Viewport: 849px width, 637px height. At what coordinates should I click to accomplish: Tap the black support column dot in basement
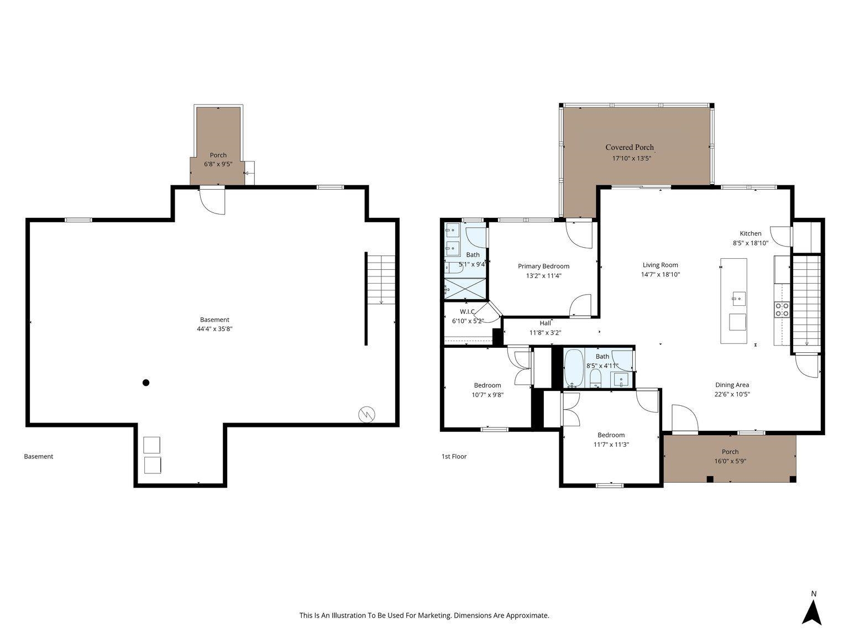tap(146, 383)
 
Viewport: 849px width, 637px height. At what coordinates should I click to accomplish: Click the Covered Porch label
tap(630, 147)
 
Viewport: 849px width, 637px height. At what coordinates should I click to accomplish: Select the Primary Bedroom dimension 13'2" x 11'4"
tap(543, 276)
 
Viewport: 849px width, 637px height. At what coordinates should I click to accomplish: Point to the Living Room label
tap(661, 265)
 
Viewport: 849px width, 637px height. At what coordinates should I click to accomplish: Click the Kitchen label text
tap(751, 233)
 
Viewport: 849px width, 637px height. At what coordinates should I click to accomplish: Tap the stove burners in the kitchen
tap(782, 310)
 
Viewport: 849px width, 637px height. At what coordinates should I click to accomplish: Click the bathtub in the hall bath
tap(573, 369)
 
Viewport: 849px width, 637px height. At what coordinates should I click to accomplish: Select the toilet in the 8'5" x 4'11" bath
tap(596, 378)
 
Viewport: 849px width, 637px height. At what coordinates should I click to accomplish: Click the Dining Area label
tap(732, 385)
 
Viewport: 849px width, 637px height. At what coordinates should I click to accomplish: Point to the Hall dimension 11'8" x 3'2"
tap(545, 333)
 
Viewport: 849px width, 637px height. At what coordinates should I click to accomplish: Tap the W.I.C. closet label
tap(467, 311)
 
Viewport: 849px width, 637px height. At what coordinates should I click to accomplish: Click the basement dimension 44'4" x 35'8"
tap(214, 329)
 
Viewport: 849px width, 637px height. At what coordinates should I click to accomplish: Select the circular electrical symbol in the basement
tap(366, 415)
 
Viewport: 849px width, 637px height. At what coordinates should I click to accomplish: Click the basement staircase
tap(381, 280)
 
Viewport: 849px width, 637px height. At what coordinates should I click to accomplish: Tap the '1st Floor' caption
tap(454, 456)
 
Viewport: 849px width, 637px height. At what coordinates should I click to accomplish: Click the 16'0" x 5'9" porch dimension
tap(730, 461)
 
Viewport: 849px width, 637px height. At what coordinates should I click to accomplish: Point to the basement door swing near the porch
tap(212, 200)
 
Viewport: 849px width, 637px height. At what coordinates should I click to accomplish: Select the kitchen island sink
tap(739, 299)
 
